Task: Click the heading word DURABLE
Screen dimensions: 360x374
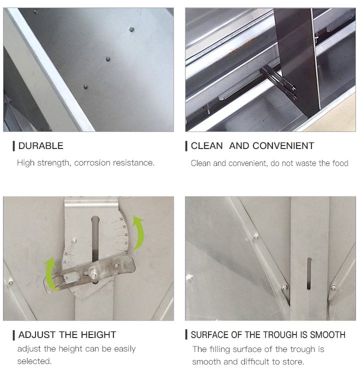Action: pos(41,145)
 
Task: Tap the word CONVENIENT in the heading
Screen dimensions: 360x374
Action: pos(283,145)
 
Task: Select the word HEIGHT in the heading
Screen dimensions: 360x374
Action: pos(98,334)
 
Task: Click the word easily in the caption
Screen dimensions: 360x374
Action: pos(125,349)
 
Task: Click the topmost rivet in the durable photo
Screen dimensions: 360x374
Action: pos(131,29)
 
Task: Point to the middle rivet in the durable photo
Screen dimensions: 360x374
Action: pos(108,59)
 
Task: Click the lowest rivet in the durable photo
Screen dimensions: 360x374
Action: pos(85,87)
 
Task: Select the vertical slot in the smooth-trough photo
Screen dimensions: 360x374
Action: pos(309,273)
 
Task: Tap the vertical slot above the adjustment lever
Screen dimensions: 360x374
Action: pos(95,238)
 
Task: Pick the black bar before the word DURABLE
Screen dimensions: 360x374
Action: pos(14,146)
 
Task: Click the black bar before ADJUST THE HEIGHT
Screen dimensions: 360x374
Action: pos(14,335)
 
